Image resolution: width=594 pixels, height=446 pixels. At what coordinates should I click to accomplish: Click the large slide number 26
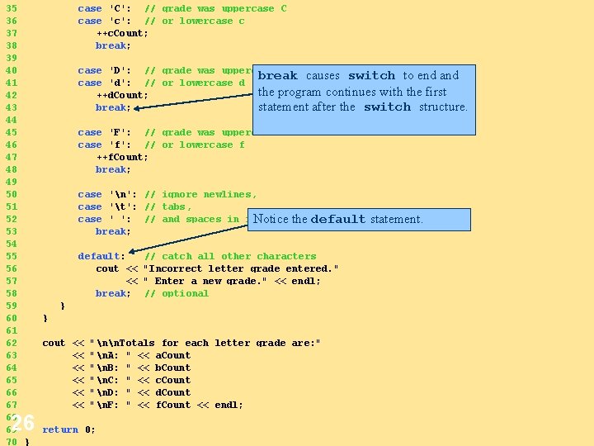22,424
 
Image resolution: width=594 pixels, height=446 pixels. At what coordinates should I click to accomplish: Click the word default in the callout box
337,220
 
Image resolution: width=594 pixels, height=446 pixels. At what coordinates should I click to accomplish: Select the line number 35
11,8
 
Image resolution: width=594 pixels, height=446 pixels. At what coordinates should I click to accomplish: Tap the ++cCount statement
122,33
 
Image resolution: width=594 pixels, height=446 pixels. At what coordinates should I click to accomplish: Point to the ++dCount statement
122,95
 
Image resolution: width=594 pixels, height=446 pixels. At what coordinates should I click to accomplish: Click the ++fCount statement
122,157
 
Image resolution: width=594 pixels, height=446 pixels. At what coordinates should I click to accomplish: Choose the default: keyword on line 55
101,256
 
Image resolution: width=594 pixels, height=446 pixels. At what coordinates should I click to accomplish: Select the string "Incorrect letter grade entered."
241,268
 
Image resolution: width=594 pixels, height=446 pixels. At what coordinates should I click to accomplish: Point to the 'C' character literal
119,8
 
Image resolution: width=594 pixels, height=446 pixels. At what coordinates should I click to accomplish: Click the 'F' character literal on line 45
119,132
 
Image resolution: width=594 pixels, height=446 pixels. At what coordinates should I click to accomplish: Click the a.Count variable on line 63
172,355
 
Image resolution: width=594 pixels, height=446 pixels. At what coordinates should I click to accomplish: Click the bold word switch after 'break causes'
371,76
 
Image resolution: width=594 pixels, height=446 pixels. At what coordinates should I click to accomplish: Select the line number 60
11,318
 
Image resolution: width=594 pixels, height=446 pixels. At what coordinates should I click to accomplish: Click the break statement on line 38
112,45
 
